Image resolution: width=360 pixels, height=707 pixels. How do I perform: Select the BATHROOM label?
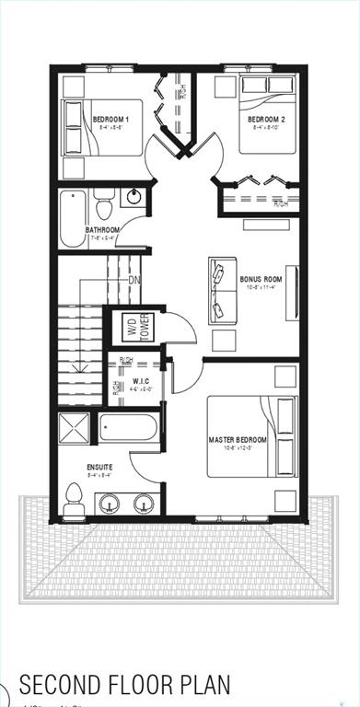click(102, 230)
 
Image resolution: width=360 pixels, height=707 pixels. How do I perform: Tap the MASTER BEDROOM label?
click(244, 440)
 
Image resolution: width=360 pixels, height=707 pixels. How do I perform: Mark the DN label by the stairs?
click(134, 280)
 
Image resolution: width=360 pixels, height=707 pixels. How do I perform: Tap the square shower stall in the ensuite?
click(74, 429)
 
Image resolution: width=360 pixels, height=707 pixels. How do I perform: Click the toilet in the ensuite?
click(75, 499)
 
